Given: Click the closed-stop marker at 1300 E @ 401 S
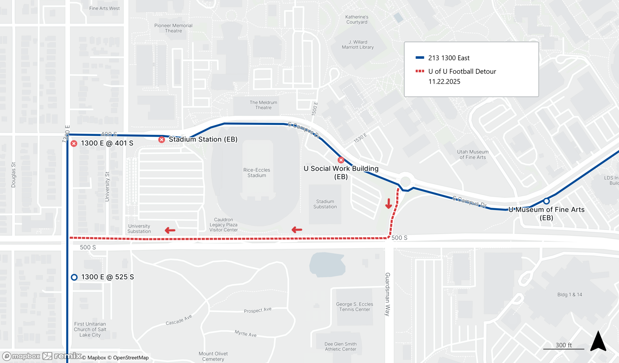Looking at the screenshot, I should [74, 143].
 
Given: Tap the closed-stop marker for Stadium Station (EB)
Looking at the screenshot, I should [162, 140].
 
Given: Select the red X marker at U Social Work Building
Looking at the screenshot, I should [341, 160].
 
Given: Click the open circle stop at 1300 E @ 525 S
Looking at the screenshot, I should [74, 277].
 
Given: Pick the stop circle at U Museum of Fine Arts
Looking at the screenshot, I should [547, 201].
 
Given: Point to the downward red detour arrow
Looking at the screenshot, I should [388, 204].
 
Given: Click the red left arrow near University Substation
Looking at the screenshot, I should [170, 230].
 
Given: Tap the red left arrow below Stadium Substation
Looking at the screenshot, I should [297, 230].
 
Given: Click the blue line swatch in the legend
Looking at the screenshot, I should [420, 58].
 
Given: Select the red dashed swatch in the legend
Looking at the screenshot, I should [420, 71].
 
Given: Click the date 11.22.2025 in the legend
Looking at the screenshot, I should [444, 82].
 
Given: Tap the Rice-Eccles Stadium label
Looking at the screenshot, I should [257, 173].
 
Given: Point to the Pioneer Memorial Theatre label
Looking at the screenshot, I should [173, 28].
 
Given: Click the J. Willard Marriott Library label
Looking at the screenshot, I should [358, 44].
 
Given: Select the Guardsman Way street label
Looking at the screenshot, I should [387, 294].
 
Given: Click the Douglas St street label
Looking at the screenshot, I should [13, 175].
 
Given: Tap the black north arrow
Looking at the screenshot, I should [598, 341].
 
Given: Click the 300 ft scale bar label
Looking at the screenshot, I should [564, 345].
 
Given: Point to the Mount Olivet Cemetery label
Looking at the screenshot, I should [213, 356].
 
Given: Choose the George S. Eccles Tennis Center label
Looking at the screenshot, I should [355, 307].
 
